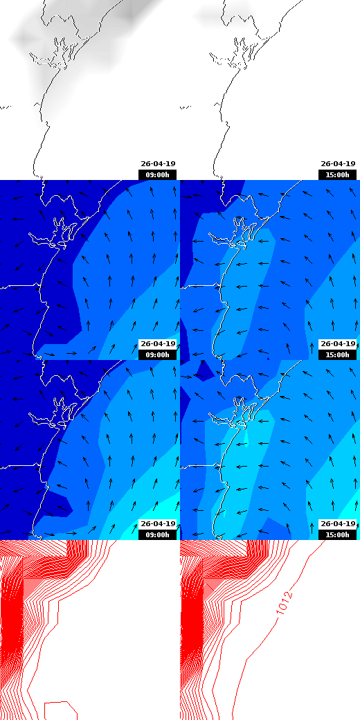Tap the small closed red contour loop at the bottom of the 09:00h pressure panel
coord(60,710)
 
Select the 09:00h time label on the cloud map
coord(158,175)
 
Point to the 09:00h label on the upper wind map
coord(158,354)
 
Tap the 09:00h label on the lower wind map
coord(158,534)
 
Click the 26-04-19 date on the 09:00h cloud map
coord(158,164)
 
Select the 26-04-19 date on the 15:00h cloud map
coord(338,164)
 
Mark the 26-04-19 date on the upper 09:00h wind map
coord(158,343)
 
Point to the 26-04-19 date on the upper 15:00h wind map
coord(338,343)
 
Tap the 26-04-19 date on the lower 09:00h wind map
coord(158,523)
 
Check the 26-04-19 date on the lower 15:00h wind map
coord(338,523)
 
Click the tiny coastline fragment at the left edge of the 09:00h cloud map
coord(6,107)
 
